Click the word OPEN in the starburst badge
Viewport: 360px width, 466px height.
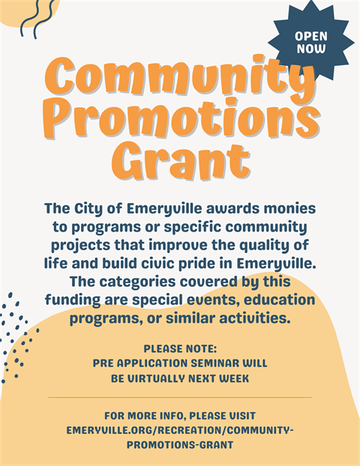(x=311, y=36)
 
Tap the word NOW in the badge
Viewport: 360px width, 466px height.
(x=311, y=49)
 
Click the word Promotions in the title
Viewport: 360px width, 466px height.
(x=180, y=118)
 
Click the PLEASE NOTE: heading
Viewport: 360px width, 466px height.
(x=180, y=348)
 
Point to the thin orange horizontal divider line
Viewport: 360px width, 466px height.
(x=180, y=397)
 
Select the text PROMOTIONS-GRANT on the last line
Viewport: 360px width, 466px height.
(x=180, y=445)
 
